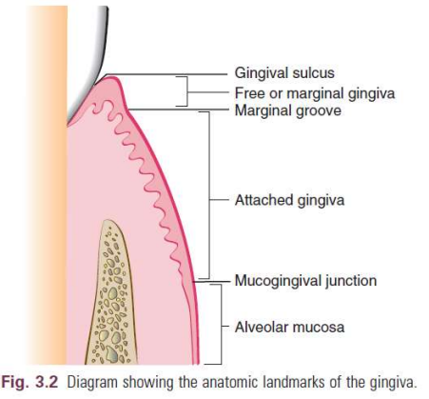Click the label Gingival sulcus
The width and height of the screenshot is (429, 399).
tap(284, 73)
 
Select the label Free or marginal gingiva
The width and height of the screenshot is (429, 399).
tap(315, 93)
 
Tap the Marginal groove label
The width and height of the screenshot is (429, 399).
tap(288, 110)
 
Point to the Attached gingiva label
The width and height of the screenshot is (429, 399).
tap(289, 200)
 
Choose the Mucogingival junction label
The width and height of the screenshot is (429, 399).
tap(305, 281)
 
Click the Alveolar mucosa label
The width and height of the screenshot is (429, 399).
tap(289, 327)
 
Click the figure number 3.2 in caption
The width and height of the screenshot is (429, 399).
tap(47, 382)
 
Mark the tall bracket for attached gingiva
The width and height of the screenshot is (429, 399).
tap(209, 195)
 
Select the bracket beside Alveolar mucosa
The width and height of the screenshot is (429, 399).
tap(221, 325)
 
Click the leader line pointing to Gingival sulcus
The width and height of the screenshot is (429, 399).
tap(166, 75)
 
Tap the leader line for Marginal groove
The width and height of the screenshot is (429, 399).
tap(178, 110)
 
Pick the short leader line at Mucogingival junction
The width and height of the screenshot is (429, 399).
tap(211, 281)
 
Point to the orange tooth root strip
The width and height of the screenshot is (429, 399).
tap(48, 184)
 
